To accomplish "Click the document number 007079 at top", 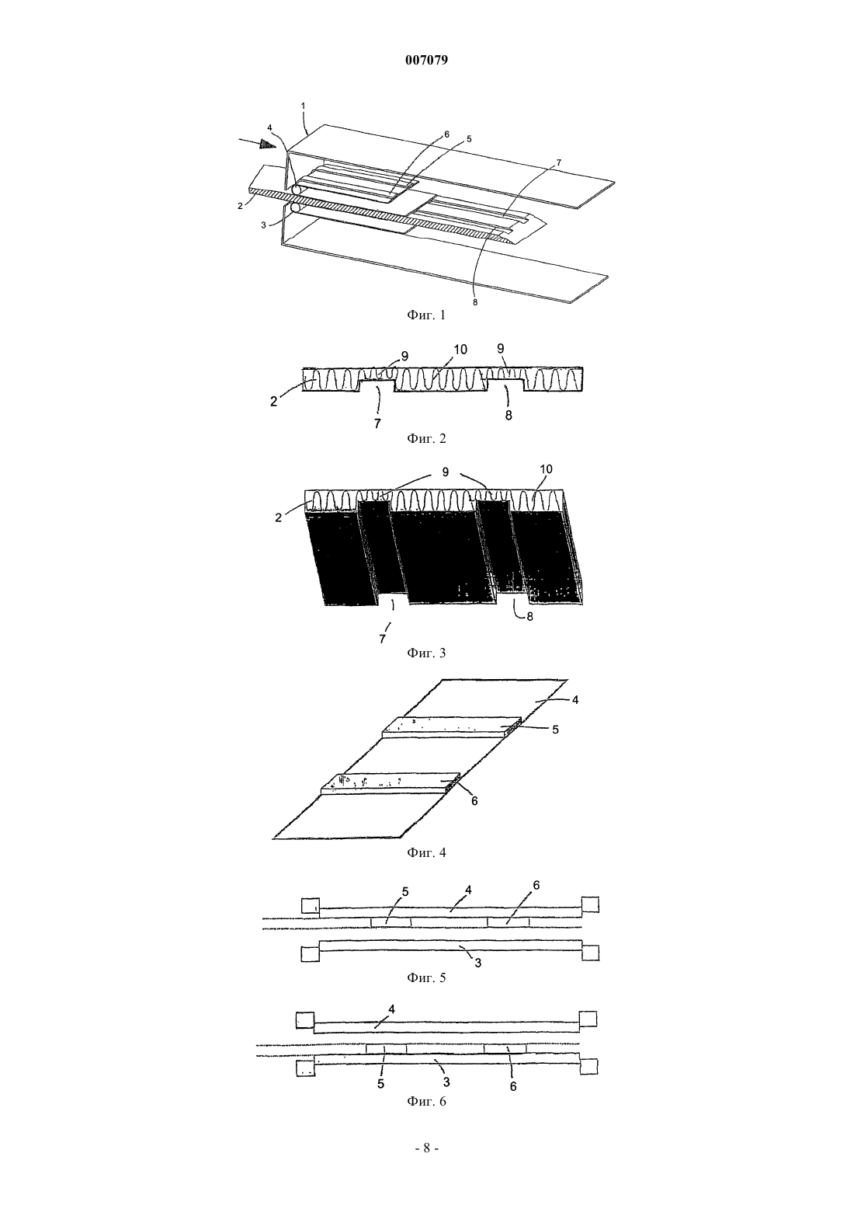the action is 426,61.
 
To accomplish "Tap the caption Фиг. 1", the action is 426,315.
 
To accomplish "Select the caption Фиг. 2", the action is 426,438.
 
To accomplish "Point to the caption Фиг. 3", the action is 426,653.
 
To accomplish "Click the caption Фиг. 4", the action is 426,853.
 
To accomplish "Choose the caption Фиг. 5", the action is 426,977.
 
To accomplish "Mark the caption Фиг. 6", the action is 426,1101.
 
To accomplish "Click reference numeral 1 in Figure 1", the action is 303,106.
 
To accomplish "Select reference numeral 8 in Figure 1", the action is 475,303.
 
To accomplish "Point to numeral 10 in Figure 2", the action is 460,350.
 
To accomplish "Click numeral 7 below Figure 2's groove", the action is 377,424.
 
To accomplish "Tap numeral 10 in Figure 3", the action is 546,469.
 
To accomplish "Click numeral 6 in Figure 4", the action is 474,802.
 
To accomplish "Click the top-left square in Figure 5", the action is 310,905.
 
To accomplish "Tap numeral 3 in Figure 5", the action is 477,962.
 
